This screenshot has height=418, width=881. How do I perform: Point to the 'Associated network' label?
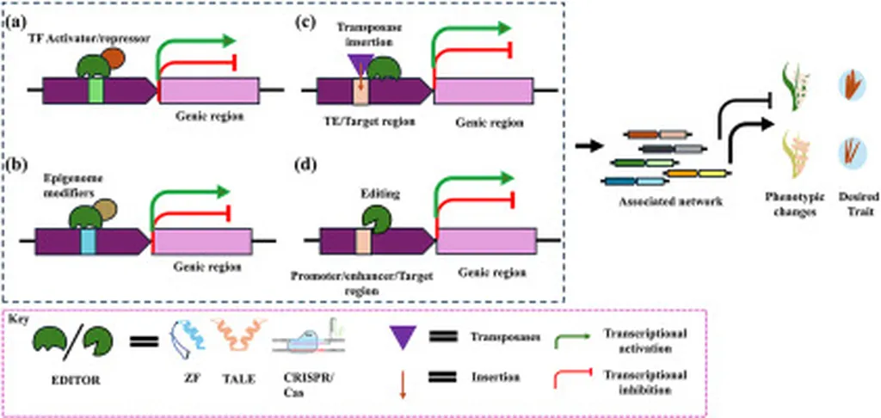pos(665,202)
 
